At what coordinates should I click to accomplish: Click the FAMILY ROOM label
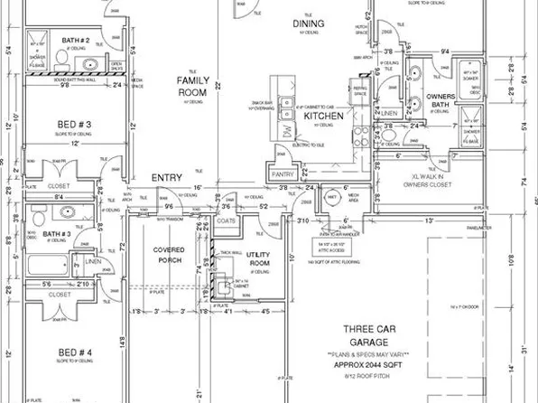coord(191,86)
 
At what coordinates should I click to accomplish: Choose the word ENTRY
coord(167,178)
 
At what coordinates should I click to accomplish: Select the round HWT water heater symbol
coord(330,197)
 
